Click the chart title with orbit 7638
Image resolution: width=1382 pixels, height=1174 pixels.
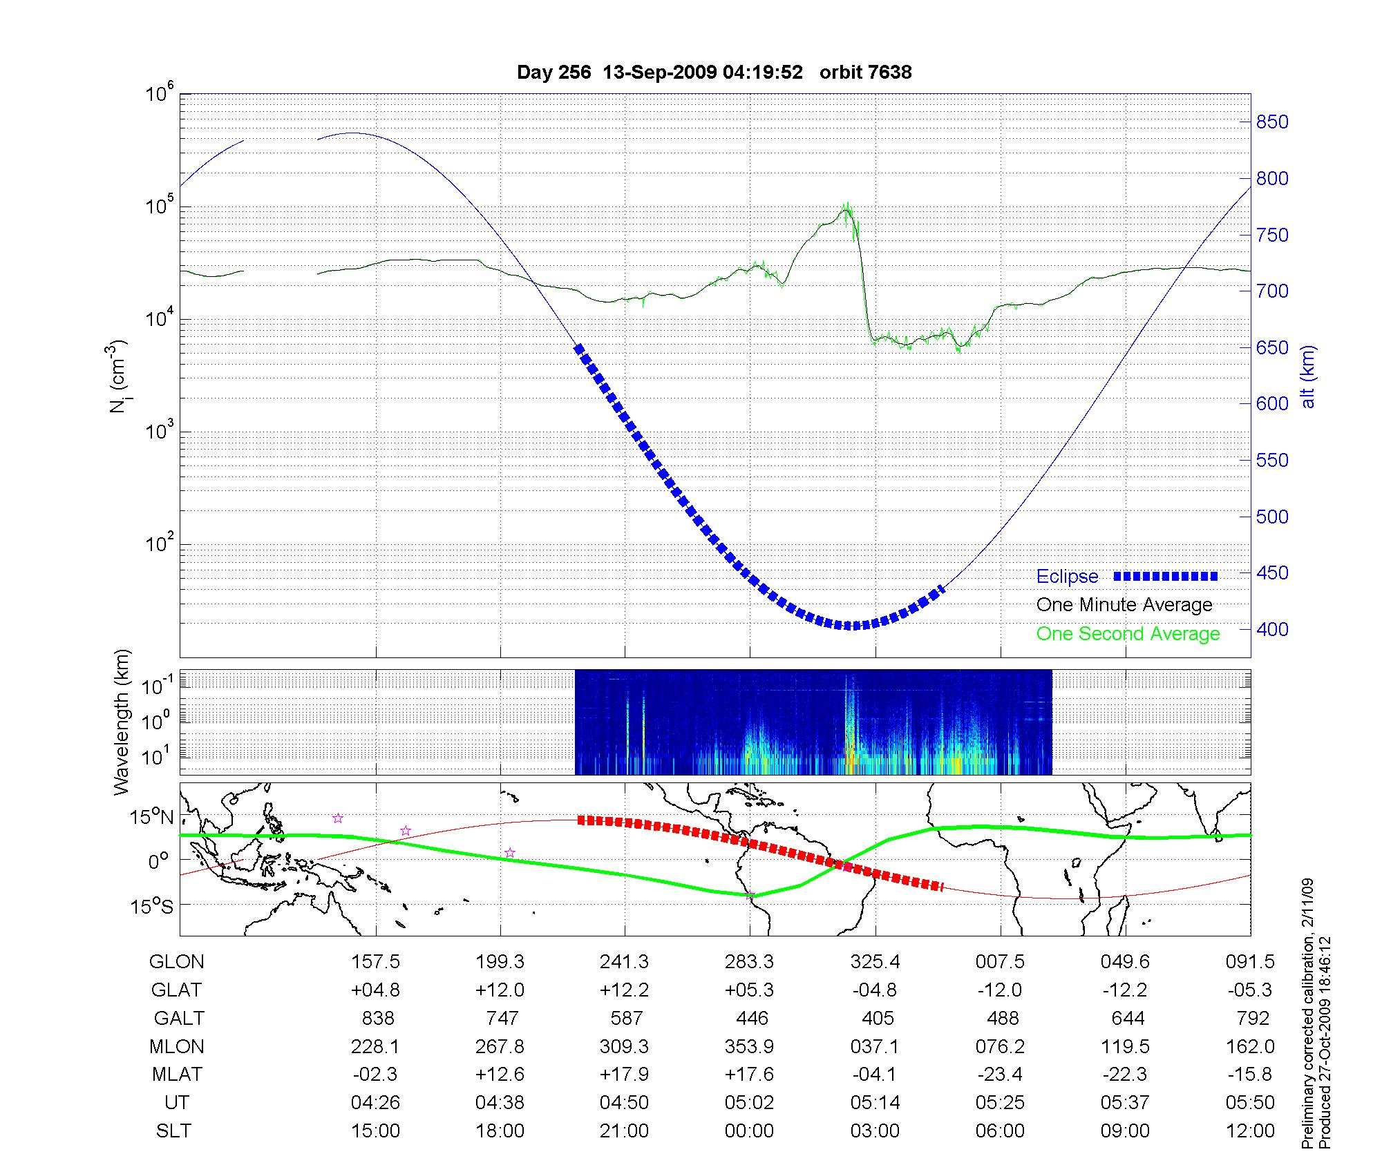(714, 73)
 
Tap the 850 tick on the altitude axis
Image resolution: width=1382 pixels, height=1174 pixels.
(1271, 122)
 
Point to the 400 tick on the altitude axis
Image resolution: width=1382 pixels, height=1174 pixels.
(1271, 629)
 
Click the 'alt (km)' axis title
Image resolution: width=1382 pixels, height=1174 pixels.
(1308, 376)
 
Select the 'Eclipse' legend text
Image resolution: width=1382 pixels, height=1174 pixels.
(1067, 577)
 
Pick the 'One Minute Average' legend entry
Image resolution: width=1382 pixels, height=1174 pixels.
(1124, 605)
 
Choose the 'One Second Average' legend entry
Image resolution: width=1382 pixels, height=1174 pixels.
(1128, 634)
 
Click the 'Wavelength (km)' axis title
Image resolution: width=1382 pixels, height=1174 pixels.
(122, 722)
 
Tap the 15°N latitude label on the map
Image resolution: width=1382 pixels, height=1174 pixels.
(153, 818)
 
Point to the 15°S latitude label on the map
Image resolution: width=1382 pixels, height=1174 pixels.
(153, 906)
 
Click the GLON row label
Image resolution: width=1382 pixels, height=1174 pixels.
(177, 962)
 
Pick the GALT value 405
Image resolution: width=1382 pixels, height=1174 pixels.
(878, 1019)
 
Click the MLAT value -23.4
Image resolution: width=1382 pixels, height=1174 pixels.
(1000, 1075)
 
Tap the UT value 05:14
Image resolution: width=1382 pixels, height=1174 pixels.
(875, 1103)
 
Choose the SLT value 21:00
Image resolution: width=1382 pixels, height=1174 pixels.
(625, 1131)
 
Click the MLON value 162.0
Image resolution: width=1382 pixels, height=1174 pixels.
(1250, 1047)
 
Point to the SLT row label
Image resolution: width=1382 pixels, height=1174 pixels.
(173, 1131)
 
